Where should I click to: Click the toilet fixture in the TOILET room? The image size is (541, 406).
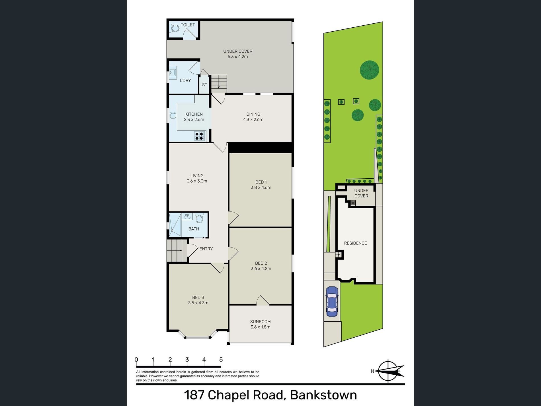[175, 28]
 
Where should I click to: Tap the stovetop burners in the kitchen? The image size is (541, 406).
[199, 136]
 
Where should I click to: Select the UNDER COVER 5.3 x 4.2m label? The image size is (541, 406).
[237, 54]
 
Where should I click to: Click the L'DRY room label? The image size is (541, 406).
[185, 81]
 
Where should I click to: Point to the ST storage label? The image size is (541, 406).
[204, 85]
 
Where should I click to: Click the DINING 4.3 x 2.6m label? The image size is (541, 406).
[253, 117]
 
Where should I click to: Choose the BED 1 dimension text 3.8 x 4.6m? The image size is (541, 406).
[261, 187]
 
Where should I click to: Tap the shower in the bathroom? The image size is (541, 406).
[175, 225]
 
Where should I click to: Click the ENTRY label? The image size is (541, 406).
[206, 249]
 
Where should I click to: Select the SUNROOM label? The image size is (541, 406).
[260, 321]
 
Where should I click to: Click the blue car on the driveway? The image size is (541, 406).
[332, 301]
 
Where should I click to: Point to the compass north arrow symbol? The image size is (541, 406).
[389, 371]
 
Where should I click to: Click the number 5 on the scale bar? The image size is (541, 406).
[221, 360]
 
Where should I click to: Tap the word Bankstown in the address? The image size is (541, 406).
[323, 395]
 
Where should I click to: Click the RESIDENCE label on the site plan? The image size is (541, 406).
[355, 243]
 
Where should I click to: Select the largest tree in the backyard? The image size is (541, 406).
[369, 70]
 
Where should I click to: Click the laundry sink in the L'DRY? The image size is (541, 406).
[173, 72]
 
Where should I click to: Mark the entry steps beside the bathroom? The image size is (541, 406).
[176, 250]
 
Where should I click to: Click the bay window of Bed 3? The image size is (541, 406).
[198, 336]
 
